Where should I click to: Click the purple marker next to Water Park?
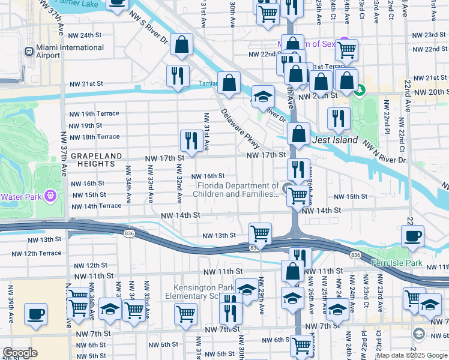[x=50, y=196]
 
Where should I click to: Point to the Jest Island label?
[x=336, y=140]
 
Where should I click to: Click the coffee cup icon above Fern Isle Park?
[x=412, y=236]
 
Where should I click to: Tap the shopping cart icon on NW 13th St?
[x=260, y=233]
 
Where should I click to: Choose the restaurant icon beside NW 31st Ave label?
[x=191, y=140]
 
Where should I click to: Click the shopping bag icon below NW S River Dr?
[x=181, y=44]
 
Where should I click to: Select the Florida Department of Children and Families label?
[x=237, y=190]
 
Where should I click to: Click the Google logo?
[x=19, y=353]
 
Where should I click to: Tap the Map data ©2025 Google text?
[x=412, y=355]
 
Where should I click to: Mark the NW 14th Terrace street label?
[x=96, y=206]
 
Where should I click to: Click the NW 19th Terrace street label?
[x=94, y=113]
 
